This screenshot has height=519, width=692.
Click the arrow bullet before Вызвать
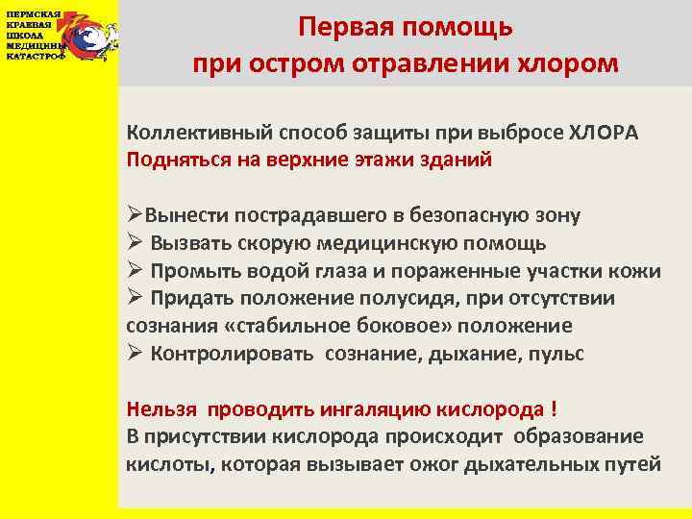pyautogui.click(x=136, y=243)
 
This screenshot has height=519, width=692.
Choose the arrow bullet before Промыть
pyautogui.click(x=136, y=271)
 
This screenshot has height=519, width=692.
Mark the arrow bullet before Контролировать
pyautogui.click(x=136, y=353)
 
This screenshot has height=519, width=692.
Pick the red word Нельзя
pyautogui.click(x=159, y=408)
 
